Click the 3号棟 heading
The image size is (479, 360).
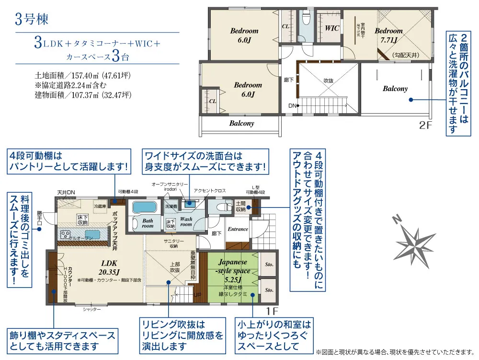[x=32, y=20]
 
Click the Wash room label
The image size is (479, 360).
[x=186, y=221]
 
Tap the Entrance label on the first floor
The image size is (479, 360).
[x=238, y=229]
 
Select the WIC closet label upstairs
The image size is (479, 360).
[x=332, y=28]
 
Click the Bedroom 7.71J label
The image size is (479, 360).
[x=388, y=35]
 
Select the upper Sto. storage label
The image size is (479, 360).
[x=269, y=264]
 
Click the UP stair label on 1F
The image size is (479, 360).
[x=197, y=295]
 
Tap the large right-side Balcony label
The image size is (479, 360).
[x=395, y=89]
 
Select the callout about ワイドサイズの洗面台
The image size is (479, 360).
[x=205, y=162]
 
